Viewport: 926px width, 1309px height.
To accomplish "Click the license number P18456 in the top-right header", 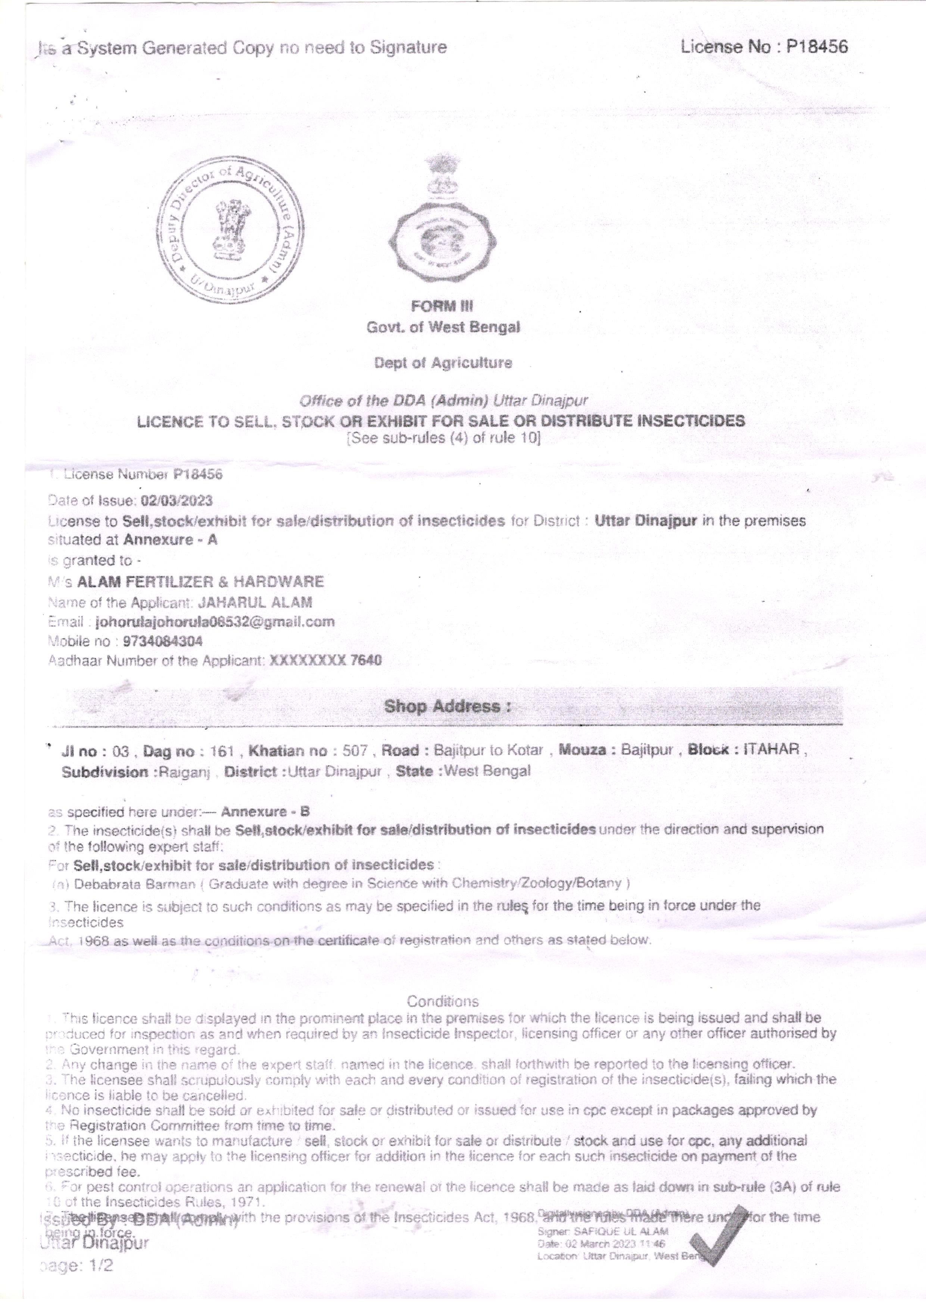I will pos(817,47).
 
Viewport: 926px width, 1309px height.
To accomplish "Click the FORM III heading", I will pos(442,306).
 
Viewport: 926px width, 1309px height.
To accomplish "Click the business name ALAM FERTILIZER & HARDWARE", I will pos(200,582).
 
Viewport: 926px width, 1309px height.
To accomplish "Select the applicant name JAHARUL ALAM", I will pos(255,602).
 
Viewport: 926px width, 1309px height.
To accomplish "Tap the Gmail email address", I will pos(215,621).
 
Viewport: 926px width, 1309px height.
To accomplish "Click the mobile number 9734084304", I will pos(162,641).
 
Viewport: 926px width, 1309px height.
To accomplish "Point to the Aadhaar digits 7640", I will pos(365,660).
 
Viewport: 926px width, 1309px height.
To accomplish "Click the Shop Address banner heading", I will pos(447,706).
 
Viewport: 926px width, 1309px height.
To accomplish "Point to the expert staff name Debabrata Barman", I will pos(135,884).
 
